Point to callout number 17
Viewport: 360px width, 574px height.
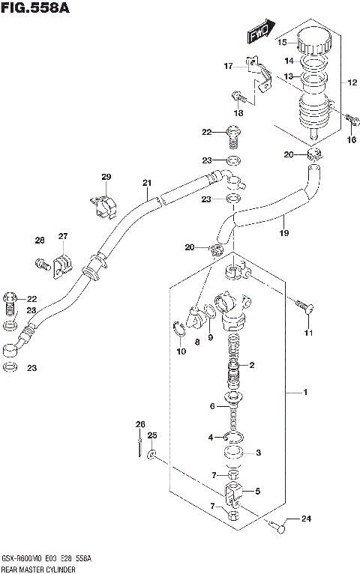pos(228,67)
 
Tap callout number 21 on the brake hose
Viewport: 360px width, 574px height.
pos(147,183)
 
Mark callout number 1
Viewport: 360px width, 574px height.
pos(304,393)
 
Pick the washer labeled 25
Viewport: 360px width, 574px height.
pos(151,455)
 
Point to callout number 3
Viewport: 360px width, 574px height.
pos(258,452)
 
